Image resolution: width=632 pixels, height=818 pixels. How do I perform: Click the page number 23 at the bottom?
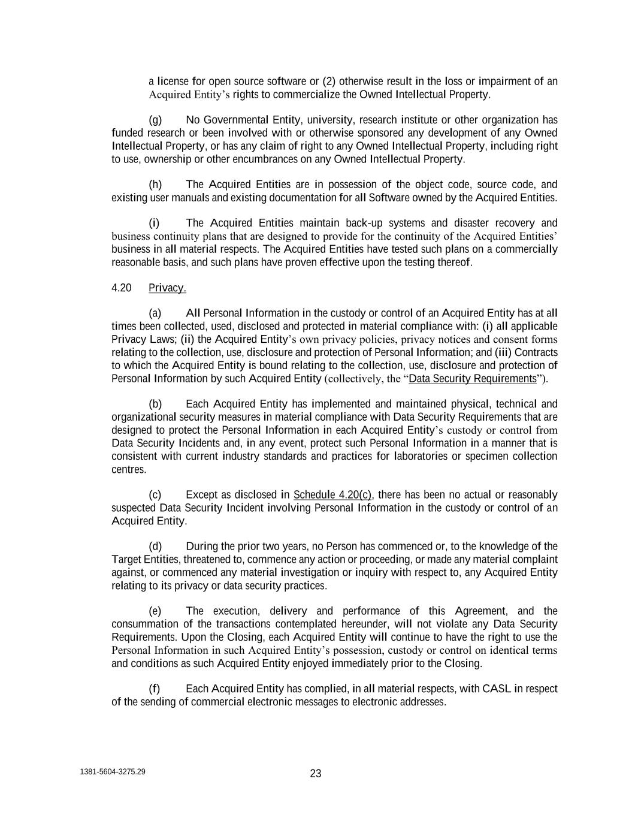(316, 774)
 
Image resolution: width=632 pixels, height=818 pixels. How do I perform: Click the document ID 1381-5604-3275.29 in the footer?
(112, 772)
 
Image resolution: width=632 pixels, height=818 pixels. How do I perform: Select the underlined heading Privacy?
(167, 288)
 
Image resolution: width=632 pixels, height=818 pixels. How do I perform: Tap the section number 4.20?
(121, 288)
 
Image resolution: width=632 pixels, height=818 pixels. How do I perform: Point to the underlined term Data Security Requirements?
(472, 379)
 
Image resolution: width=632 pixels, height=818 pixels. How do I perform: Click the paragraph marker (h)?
(155, 185)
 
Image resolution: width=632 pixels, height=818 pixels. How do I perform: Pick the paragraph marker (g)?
(155, 120)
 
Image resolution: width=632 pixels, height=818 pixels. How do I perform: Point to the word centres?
(129, 470)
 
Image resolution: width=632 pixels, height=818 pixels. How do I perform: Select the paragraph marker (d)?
(155, 547)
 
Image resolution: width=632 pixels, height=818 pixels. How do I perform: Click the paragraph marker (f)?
(155, 689)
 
